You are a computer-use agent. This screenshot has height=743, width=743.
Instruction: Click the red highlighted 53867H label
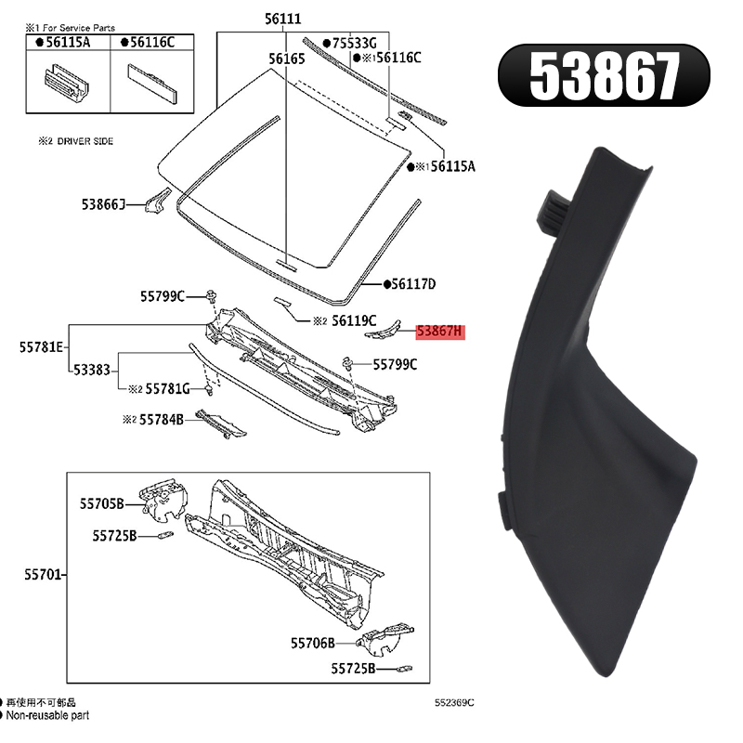point(440,331)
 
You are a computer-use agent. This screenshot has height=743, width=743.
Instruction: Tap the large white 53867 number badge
point(604,75)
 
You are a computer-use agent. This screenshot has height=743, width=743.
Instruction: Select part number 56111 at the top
point(282,19)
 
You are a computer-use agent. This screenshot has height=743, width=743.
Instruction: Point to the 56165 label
point(287,59)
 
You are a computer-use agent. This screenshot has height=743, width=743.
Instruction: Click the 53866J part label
point(103,204)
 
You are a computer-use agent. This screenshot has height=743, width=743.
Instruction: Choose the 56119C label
point(354,320)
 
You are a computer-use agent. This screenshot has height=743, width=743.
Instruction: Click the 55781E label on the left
point(41,347)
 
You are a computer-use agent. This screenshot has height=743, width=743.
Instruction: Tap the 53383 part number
point(92,370)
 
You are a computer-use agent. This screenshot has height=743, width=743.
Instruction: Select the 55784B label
point(161,420)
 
